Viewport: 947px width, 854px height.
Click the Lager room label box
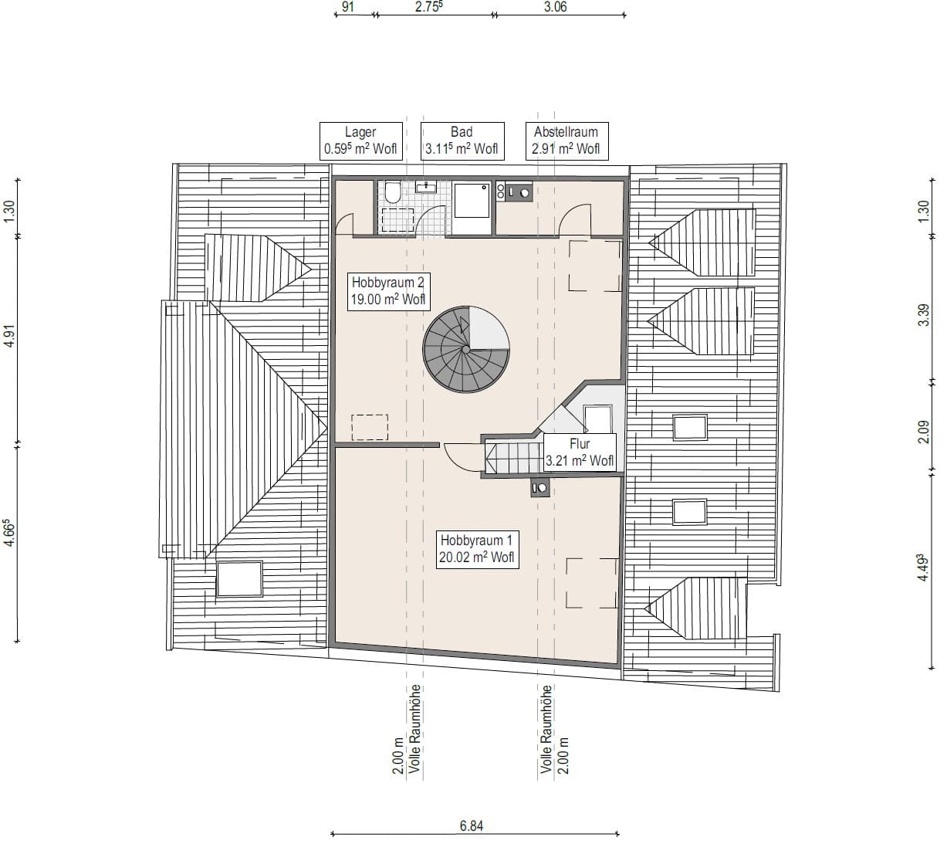click(360, 141)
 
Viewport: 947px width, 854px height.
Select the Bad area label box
click(462, 141)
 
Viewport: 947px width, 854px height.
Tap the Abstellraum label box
click(566, 141)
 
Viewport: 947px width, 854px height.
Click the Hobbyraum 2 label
click(388, 291)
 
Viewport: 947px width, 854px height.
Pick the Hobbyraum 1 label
click(476, 549)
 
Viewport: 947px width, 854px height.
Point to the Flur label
click(580, 452)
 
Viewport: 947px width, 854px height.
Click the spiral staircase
click(466, 350)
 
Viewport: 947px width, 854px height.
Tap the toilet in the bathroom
click(392, 192)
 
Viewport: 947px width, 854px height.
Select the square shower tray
click(472, 201)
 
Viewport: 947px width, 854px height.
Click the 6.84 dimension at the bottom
click(471, 825)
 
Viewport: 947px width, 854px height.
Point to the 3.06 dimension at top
click(556, 7)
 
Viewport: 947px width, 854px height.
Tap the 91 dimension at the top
click(348, 7)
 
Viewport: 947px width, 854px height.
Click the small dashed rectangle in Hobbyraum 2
click(370, 428)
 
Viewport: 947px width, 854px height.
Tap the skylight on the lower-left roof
click(239, 579)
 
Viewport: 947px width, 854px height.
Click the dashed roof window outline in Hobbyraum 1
click(592, 583)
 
